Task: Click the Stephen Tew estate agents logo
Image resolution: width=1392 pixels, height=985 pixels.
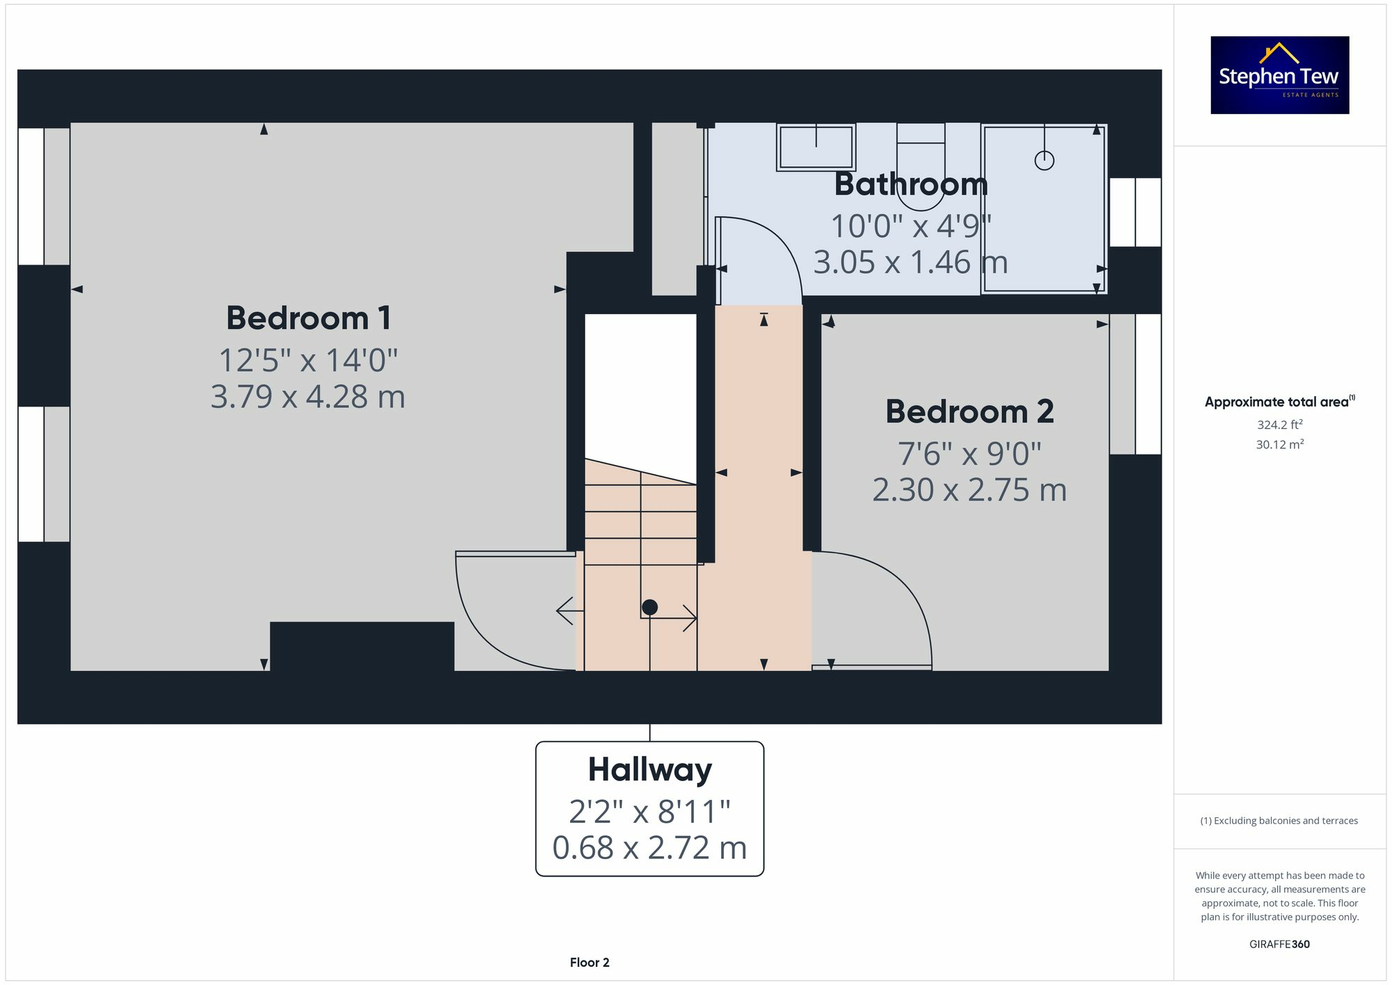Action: [x=1280, y=75]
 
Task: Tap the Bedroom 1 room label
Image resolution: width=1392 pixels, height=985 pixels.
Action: [x=308, y=318]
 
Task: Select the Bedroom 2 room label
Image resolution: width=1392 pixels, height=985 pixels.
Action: [x=970, y=411]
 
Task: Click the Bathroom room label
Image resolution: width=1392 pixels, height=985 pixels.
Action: [x=911, y=184]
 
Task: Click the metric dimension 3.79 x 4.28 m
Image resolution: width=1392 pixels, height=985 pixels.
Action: [x=308, y=397]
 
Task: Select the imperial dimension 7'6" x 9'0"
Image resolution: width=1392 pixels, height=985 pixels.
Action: [x=970, y=454]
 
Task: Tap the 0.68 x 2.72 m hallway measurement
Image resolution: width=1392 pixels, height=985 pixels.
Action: [x=650, y=848]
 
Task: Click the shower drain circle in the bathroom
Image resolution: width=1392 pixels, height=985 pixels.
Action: [x=1044, y=161]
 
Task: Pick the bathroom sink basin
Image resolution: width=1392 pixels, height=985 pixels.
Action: [x=816, y=148]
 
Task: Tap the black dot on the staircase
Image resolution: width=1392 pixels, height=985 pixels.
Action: [x=649, y=607]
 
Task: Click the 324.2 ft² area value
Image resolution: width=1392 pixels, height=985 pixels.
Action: [x=1280, y=424]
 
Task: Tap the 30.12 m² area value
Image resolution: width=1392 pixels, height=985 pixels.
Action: [x=1280, y=444]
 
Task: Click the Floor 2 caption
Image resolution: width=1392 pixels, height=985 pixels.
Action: [x=590, y=963]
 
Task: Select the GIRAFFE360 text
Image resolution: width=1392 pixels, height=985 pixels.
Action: [x=1280, y=944]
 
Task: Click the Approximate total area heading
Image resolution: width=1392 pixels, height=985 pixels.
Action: [x=1280, y=402]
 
